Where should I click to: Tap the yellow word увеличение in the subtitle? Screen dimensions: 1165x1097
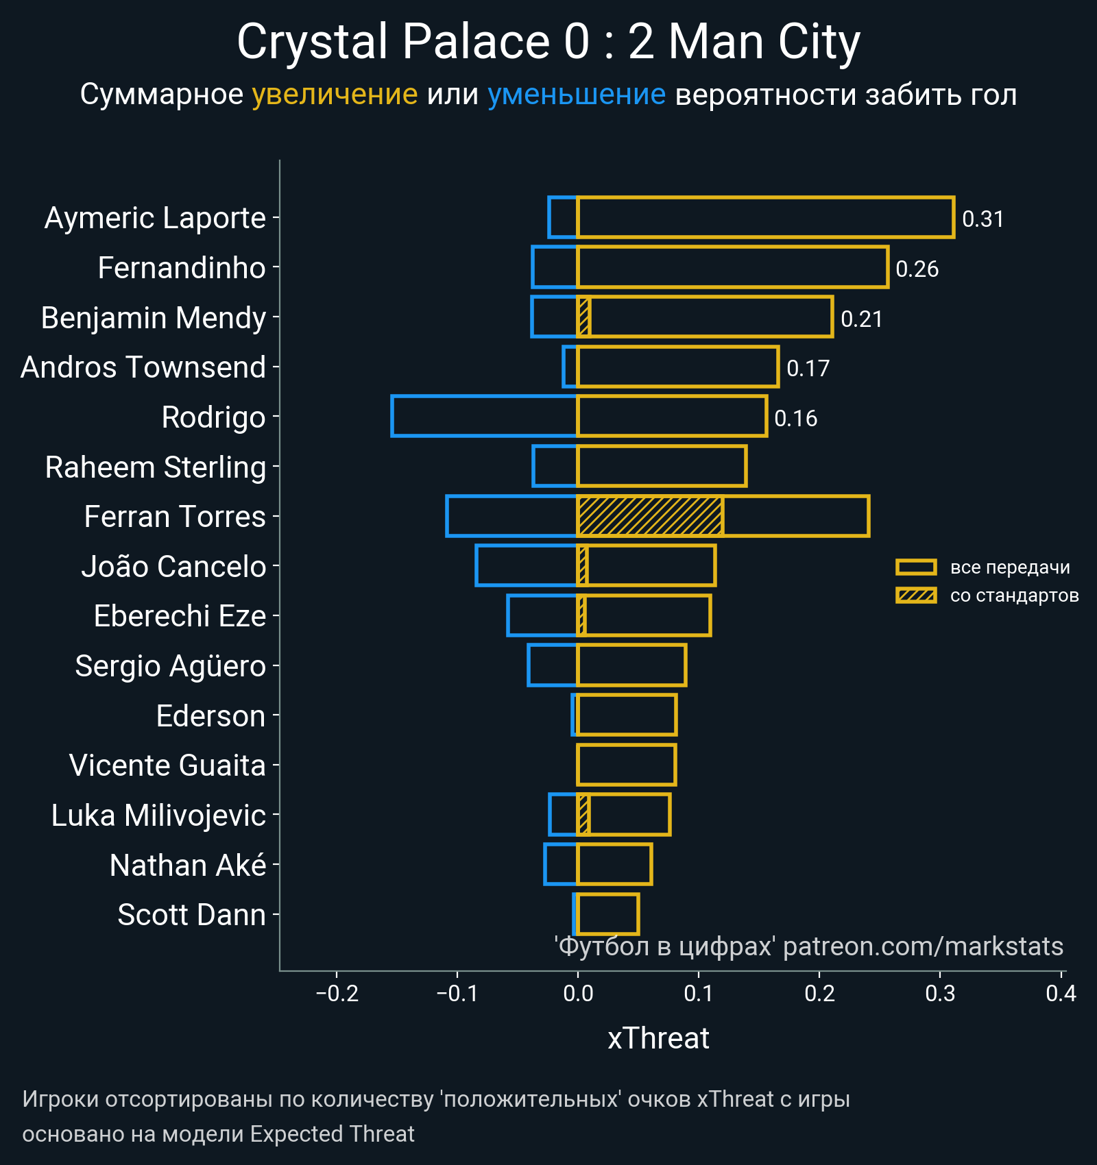pos(335,95)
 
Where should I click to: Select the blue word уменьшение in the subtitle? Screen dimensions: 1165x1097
pos(576,95)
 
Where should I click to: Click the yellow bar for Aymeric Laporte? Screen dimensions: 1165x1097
pos(765,217)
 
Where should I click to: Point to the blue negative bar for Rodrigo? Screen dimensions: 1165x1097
pos(484,416)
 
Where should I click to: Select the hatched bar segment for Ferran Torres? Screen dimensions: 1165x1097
pos(650,516)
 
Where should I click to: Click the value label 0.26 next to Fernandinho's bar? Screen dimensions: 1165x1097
pos(917,269)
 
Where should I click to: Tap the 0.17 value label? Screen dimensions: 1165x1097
pos(808,369)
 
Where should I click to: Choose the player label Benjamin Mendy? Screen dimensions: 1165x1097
pos(153,318)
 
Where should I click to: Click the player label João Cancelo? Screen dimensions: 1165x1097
pos(173,567)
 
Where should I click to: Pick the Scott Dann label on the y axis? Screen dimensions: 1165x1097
pos(191,915)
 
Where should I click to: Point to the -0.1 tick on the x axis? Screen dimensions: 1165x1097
pos(457,993)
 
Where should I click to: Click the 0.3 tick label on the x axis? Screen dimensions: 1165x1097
pos(940,993)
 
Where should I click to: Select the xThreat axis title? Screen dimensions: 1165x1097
pos(658,1038)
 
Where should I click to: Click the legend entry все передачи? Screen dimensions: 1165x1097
pos(1009,567)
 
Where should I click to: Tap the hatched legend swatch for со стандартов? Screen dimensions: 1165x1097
pos(916,596)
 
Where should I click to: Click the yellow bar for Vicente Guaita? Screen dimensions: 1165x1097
pos(627,765)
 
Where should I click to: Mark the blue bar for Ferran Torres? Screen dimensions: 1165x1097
pos(511,516)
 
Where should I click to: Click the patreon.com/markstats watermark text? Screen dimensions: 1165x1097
pos(923,946)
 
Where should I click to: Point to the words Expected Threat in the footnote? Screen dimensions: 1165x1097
pos(332,1134)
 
